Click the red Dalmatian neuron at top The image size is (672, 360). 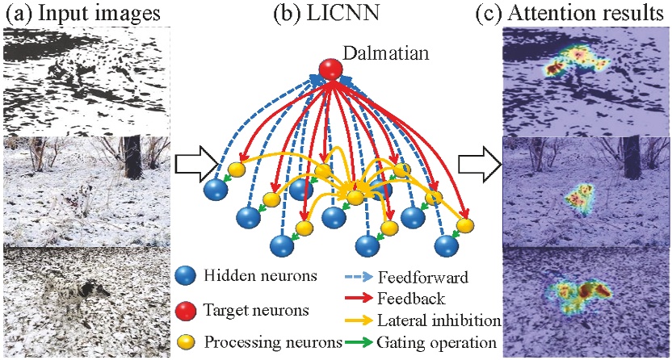[329, 69]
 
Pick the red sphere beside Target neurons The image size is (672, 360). [187, 309]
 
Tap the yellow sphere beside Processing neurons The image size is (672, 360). [187, 343]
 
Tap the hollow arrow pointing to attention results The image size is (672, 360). [479, 165]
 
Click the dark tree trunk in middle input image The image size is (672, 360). [132, 158]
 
